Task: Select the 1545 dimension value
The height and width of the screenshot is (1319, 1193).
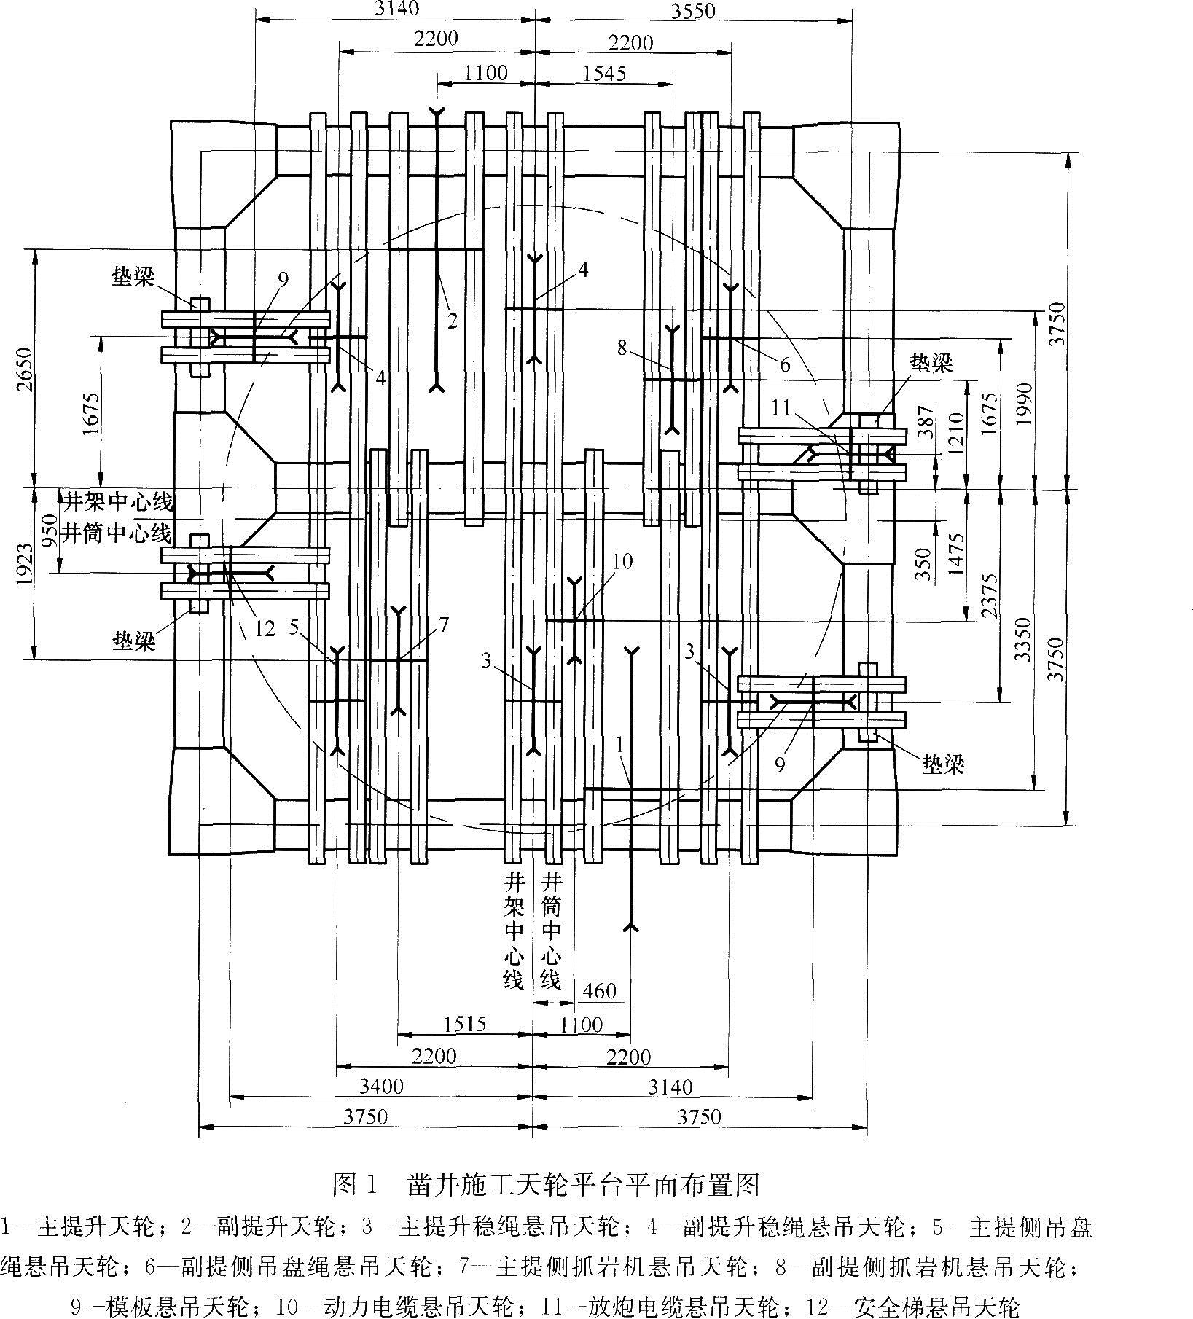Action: (x=604, y=73)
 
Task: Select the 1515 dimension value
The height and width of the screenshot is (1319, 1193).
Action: (x=465, y=1024)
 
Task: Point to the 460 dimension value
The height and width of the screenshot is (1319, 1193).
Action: (x=600, y=991)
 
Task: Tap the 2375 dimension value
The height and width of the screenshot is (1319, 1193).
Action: (x=989, y=595)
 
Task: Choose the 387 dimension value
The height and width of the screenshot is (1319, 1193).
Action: (x=925, y=421)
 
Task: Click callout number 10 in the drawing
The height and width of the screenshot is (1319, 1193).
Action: (x=622, y=560)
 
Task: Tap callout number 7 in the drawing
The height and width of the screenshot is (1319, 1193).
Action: (x=444, y=625)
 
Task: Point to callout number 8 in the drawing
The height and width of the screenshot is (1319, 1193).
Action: (x=621, y=348)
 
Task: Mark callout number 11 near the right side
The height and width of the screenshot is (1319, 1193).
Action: (x=781, y=407)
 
